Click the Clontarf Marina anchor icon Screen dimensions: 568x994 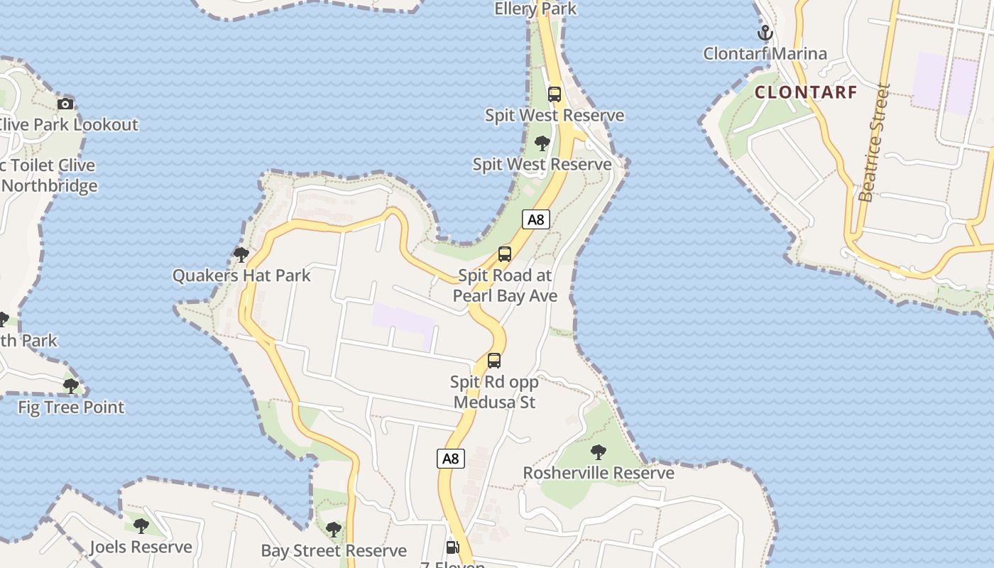click(x=765, y=33)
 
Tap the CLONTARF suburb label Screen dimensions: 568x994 click(x=806, y=92)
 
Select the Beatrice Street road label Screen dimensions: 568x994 click(x=874, y=143)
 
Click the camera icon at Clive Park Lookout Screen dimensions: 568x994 click(x=65, y=104)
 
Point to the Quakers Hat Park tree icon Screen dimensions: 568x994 click(x=241, y=254)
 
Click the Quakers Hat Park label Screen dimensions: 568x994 click(x=241, y=275)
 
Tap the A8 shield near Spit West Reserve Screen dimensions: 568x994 click(x=536, y=219)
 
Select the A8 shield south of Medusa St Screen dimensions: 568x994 click(x=450, y=459)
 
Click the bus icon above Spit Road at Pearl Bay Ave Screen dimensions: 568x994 click(x=505, y=254)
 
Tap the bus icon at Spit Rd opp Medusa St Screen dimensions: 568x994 click(x=494, y=361)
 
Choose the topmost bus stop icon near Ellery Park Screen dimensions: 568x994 click(x=555, y=94)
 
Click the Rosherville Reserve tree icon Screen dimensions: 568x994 click(x=599, y=452)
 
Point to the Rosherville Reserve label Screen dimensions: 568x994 click(x=599, y=473)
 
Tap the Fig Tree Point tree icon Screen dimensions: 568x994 click(x=70, y=386)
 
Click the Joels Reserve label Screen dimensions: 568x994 click(x=141, y=547)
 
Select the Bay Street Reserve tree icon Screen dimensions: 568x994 click(x=333, y=530)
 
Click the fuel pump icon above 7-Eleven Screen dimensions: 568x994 click(x=452, y=547)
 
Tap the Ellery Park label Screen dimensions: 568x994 click(x=535, y=9)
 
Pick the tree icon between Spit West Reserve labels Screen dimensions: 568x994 click(x=542, y=143)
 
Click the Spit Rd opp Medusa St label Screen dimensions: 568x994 click(x=494, y=392)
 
